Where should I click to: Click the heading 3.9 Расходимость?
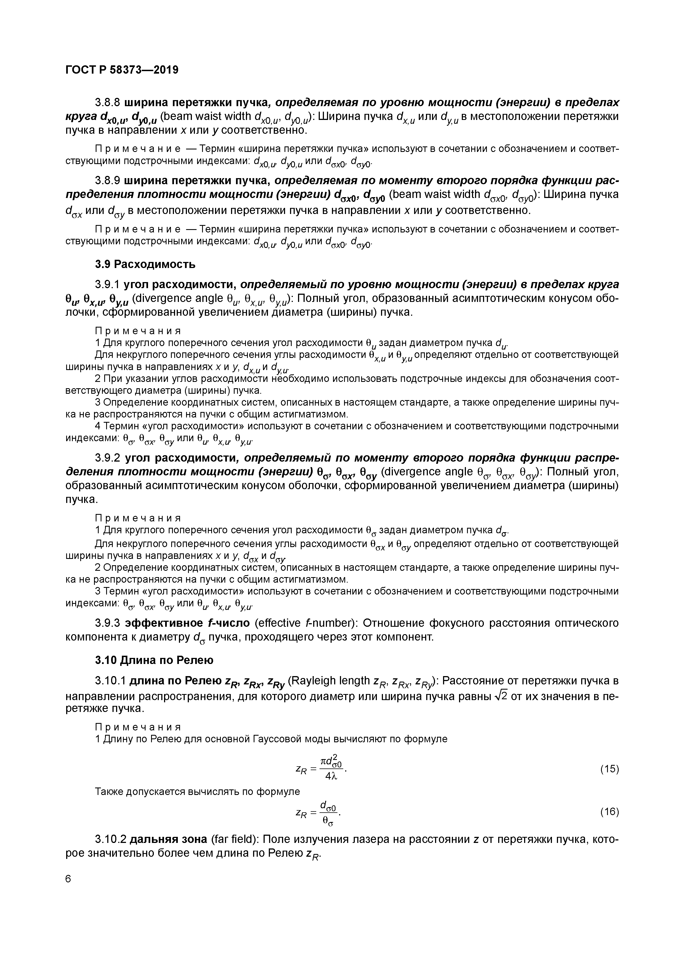coord(145,264)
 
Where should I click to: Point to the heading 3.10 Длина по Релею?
coord(154,660)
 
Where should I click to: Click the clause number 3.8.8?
coord(108,102)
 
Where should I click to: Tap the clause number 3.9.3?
coord(108,623)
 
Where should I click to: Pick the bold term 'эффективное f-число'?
coord(188,623)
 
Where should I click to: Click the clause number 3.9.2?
coord(108,457)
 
